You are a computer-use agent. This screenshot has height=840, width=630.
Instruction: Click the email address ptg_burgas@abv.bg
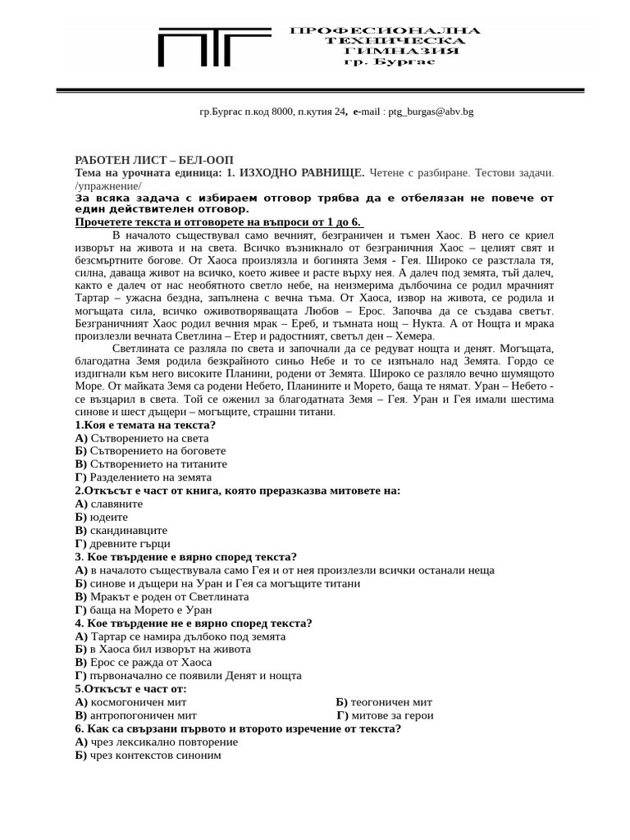click(431, 112)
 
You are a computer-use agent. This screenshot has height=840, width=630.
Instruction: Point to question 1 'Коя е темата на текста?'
click(145, 425)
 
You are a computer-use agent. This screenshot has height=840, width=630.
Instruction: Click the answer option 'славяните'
click(116, 504)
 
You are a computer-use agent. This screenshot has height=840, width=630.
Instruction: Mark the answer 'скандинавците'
click(128, 530)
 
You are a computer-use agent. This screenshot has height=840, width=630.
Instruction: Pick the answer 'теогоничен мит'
click(390, 702)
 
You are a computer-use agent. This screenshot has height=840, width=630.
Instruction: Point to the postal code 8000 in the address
click(281, 112)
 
